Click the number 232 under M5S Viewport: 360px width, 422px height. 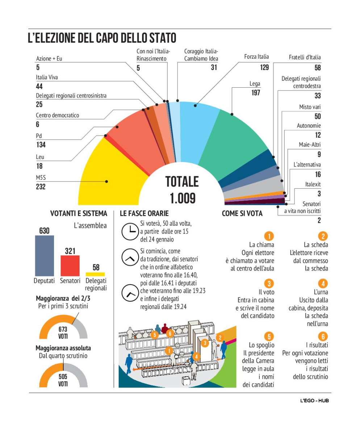[41, 187]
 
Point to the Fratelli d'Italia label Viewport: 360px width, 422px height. [305, 57]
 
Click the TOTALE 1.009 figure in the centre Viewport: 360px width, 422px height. [182, 189]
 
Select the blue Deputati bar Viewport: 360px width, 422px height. [45, 256]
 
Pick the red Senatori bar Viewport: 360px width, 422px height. [70, 266]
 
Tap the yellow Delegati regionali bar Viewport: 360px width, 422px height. [95, 274]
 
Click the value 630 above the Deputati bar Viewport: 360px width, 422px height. [44, 230]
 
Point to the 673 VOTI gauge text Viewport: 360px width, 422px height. [63, 333]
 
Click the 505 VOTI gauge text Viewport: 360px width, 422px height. [63, 380]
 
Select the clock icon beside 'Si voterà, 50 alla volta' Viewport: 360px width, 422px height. [128, 232]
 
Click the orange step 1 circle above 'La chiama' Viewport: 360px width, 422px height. [268, 236]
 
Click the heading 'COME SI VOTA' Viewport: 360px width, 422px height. [242, 214]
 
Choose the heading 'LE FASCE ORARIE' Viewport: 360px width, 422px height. [144, 214]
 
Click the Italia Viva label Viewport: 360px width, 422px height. [47, 77]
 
